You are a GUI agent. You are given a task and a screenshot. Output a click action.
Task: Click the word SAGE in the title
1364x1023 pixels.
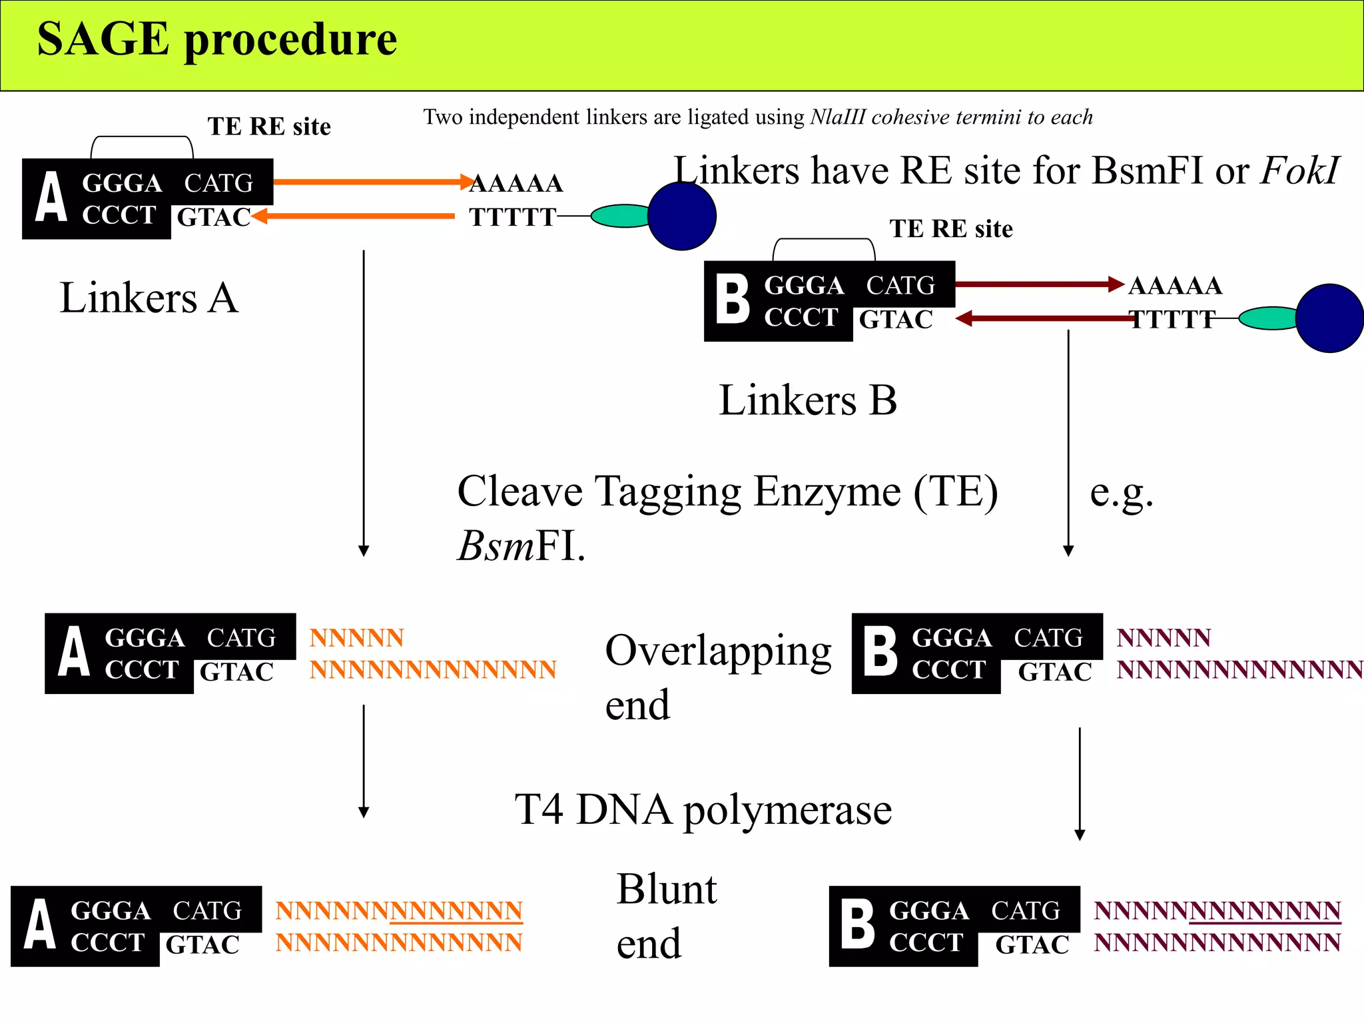tap(103, 40)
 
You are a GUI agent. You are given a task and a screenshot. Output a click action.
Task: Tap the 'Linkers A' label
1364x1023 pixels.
tap(149, 298)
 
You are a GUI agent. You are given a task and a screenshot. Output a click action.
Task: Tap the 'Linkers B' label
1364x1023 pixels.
tap(808, 400)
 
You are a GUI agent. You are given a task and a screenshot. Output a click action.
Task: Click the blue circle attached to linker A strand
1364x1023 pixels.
tap(681, 216)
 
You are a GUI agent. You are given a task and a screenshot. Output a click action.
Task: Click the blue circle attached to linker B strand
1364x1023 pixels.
tap(1329, 318)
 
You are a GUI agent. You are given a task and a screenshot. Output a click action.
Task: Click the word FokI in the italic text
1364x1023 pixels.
tap(1299, 171)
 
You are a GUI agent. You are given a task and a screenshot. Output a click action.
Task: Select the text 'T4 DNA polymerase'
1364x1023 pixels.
tap(703, 810)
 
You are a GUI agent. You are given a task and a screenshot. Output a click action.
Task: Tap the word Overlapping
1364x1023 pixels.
tap(718, 651)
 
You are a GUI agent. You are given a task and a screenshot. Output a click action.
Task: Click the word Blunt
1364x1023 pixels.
tap(667, 889)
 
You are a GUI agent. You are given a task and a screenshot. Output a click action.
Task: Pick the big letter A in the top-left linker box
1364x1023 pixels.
tap(51, 197)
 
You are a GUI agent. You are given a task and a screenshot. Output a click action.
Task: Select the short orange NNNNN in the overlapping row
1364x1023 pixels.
tap(356, 638)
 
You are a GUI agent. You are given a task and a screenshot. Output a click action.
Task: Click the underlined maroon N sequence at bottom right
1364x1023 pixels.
tap(1264, 911)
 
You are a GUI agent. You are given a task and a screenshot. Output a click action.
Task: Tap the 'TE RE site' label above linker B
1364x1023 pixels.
tap(950, 229)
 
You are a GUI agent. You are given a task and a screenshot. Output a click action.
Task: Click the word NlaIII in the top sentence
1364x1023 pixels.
tap(838, 117)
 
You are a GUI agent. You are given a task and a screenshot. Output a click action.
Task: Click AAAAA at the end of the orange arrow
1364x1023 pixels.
tap(517, 183)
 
